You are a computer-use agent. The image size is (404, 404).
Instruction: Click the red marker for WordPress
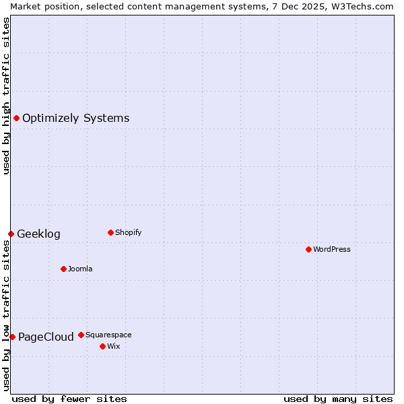(308, 249)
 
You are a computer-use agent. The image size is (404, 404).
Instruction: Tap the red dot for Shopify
(110, 232)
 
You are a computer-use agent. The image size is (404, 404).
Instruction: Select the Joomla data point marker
(63, 269)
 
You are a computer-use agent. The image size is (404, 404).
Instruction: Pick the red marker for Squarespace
(81, 335)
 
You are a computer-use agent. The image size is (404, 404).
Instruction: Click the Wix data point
(102, 346)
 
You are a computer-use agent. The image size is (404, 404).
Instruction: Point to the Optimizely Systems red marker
(16, 118)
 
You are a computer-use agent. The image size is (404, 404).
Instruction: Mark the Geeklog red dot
(11, 234)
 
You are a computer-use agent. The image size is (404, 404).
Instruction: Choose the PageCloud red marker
(12, 337)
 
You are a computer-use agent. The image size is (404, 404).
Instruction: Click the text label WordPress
(332, 249)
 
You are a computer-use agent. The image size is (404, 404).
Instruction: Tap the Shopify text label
(128, 232)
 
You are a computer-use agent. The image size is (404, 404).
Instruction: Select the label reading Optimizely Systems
(75, 119)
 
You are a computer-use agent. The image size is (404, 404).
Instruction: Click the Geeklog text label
(38, 234)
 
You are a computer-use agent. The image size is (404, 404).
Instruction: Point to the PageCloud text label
(46, 337)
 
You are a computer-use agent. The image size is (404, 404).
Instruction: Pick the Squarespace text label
(108, 335)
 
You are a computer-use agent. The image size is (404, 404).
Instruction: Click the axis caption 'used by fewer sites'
(69, 399)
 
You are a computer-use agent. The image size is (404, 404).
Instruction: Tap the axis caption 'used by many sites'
(338, 399)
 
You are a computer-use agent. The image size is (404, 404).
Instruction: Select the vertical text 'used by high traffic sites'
(6, 96)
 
